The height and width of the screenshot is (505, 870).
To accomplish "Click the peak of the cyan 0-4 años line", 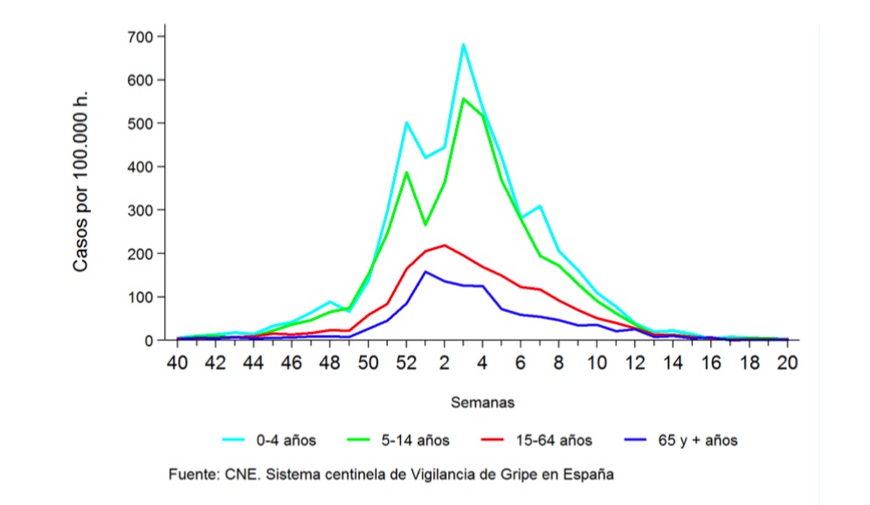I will click(x=464, y=45).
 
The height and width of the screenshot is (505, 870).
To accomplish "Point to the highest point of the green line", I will click(x=464, y=99).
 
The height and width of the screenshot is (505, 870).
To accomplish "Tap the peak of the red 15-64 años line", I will click(x=445, y=246).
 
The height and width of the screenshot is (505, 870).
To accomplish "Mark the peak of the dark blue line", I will click(x=425, y=272).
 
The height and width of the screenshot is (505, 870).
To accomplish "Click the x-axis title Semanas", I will click(x=482, y=403).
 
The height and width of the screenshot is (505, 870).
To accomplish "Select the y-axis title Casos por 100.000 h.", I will click(x=80, y=180).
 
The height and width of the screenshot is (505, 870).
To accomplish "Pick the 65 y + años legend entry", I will click(x=697, y=440).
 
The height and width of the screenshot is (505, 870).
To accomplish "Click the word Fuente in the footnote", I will click(x=192, y=474).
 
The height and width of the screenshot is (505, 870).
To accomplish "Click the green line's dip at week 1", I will click(x=425, y=225).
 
